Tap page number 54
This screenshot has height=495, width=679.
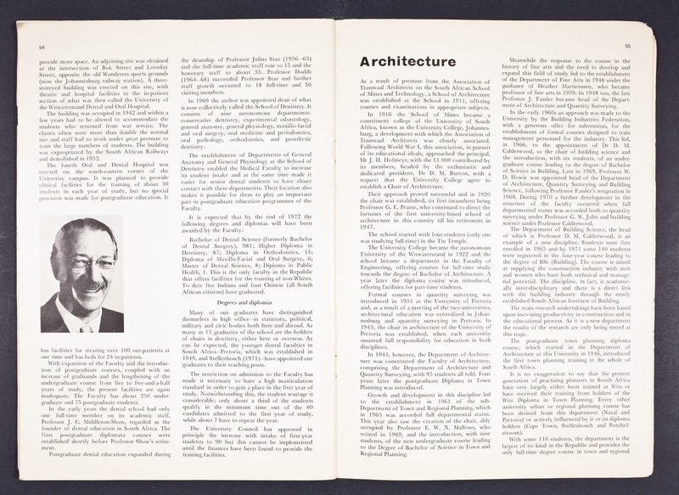[42, 48]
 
